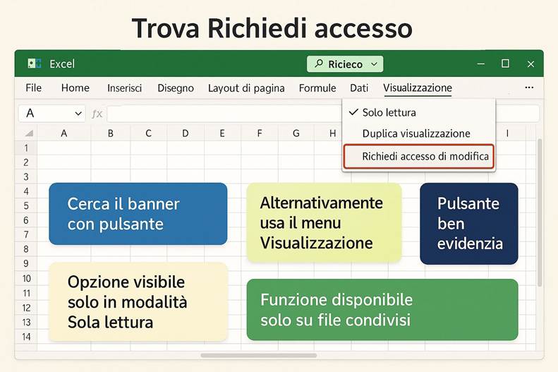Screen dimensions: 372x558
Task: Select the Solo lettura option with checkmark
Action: click(x=389, y=112)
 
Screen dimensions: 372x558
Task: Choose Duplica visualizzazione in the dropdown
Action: click(x=416, y=133)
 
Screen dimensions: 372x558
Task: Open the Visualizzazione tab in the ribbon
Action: click(x=418, y=88)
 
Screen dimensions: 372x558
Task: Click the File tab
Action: click(x=33, y=88)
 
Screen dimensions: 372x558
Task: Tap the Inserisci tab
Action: click(x=124, y=88)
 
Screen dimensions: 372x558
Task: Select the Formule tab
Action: click(x=317, y=88)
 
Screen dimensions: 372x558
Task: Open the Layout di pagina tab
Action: click(x=246, y=88)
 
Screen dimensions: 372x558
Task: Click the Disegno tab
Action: click(x=176, y=88)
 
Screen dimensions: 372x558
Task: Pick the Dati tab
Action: click(x=359, y=88)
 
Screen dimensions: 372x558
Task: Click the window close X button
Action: click(x=530, y=64)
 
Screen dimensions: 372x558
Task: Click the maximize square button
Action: click(x=505, y=64)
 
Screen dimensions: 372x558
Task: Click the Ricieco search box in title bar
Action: click(x=345, y=64)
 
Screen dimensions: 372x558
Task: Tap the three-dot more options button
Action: click(x=529, y=88)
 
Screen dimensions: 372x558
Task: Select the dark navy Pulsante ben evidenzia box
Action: click(x=469, y=224)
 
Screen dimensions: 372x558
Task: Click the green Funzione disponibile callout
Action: click(x=382, y=309)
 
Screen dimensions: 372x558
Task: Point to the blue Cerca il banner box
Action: click(x=138, y=214)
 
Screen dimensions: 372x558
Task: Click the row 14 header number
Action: click(x=26, y=337)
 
